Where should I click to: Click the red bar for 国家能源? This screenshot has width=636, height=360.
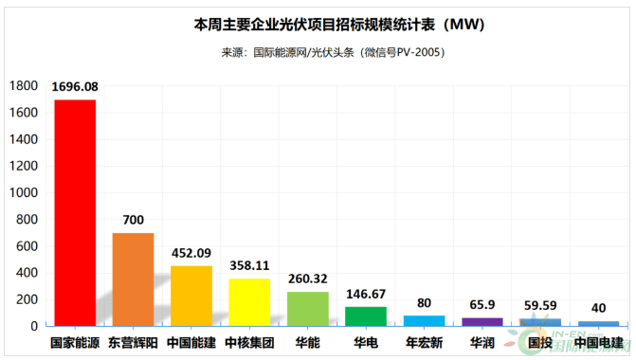click(x=75, y=212)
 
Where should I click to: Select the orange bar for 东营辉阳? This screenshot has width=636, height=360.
click(x=133, y=279)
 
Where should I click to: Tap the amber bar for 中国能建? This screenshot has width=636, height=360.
click(x=191, y=296)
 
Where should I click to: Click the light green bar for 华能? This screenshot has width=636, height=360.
click(x=308, y=308)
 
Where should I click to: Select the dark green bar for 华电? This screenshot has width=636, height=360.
click(x=366, y=315)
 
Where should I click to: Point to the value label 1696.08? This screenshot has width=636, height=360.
click(x=75, y=87)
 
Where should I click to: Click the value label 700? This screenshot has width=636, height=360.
click(x=133, y=221)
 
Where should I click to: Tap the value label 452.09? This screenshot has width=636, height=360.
click(x=191, y=253)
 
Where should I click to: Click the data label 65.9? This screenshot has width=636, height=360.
click(x=482, y=305)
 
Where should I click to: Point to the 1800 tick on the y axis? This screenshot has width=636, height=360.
click(x=23, y=86)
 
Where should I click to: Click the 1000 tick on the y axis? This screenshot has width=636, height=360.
click(x=23, y=192)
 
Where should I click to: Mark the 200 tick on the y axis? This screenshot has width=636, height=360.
click(x=26, y=299)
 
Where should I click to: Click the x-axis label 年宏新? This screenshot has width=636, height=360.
click(x=424, y=342)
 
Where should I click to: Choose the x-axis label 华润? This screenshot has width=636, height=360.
click(x=482, y=342)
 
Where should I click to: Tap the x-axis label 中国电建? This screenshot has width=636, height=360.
click(x=599, y=342)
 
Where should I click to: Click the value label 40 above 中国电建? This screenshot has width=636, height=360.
click(x=599, y=309)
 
